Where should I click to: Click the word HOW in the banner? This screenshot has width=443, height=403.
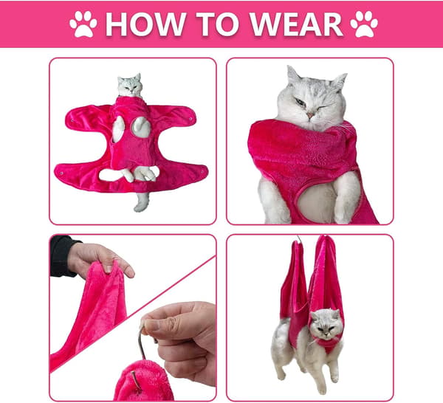tap(145, 24)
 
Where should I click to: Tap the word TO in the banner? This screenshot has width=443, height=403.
tap(218, 24)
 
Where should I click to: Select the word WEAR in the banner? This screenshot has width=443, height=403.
tap(297, 24)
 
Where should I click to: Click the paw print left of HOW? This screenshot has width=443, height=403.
tap(83, 24)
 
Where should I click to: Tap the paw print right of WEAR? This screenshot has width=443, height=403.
tap(364, 24)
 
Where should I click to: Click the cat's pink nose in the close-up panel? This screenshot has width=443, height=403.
tap(310, 115)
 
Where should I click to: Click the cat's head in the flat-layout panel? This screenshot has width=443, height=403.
tap(130, 85)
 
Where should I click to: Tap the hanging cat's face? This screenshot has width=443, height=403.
tap(326, 324)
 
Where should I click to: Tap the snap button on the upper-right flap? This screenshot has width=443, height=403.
tap(191, 118)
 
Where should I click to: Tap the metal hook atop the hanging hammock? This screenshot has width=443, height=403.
tap(299, 238)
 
